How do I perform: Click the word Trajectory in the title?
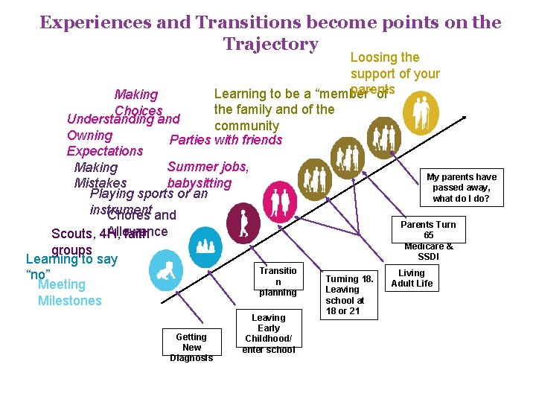point(270,45)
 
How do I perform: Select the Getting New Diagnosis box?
point(191,347)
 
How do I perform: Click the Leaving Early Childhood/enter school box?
point(268,333)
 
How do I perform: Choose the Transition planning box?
point(278,281)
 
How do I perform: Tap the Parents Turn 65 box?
point(428,240)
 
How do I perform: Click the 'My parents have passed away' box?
point(461,187)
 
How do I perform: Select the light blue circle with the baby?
point(165,269)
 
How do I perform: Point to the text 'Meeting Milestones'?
point(69,293)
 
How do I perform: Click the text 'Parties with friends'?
point(226,140)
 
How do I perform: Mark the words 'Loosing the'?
point(385,57)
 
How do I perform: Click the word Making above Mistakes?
point(96,167)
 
